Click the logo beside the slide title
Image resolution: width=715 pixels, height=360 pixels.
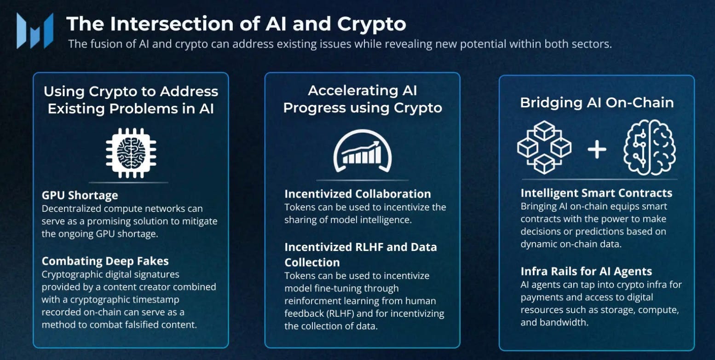click(35, 30)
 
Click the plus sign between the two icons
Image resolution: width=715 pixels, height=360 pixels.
click(597, 150)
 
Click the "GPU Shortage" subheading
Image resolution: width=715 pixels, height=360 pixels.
click(80, 195)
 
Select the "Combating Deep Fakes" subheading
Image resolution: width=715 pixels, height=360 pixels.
click(105, 261)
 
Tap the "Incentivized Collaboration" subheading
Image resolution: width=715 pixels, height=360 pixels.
click(357, 194)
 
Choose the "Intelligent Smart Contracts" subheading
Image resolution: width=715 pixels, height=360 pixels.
click(596, 193)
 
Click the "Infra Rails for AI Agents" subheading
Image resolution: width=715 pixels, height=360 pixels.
click(586, 271)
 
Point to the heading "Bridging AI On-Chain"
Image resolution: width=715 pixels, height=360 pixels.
click(597, 103)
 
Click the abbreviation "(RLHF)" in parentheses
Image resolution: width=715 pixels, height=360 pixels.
click(342, 314)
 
